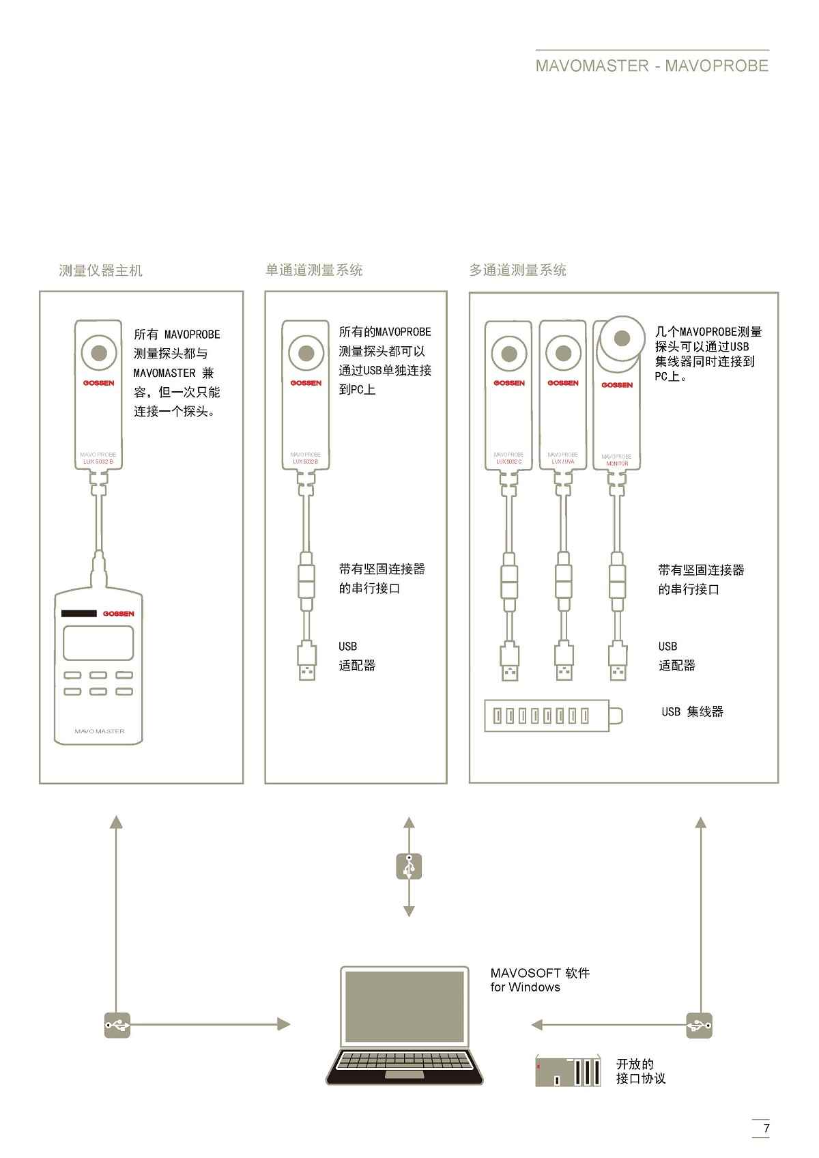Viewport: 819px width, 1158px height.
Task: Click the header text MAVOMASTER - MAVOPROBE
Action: [x=652, y=66]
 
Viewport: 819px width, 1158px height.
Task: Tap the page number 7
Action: [x=766, y=1128]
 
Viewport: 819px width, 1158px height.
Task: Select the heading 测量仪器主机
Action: [x=100, y=271]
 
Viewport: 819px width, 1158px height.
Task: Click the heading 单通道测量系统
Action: [x=314, y=270]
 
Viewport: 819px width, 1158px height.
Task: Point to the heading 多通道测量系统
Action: [x=517, y=270]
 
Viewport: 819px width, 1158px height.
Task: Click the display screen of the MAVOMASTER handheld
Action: [x=98, y=643]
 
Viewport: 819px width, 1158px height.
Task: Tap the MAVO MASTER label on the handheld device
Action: [x=100, y=731]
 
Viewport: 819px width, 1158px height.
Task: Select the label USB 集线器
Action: [x=692, y=712]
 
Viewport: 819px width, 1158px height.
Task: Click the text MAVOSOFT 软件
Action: [x=539, y=973]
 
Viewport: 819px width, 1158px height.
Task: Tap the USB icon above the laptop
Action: [x=409, y=866]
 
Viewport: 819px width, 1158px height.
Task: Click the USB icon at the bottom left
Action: [x=117, y=1025]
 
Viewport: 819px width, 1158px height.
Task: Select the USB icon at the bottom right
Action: [x=699, y=1026]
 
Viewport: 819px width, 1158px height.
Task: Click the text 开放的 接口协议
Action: [x=640, y=1071]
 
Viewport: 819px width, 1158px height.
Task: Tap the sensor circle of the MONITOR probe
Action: [x=621, y=338]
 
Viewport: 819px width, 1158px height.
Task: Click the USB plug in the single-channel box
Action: [x=307, y=662]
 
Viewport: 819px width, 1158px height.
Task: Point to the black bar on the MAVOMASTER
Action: [x=79, y=613]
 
